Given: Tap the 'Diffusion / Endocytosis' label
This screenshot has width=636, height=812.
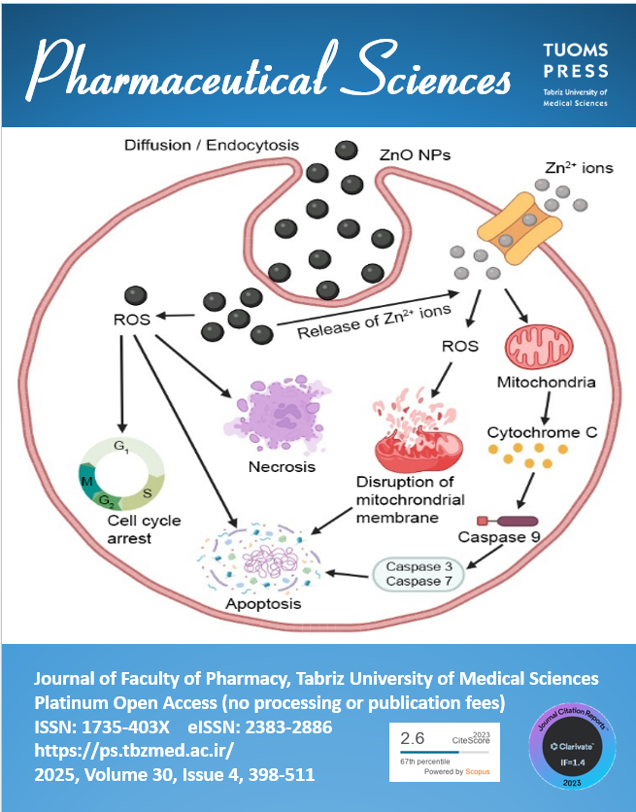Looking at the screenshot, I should pos(212,146).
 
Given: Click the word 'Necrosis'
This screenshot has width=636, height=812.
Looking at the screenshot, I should pos(281,466).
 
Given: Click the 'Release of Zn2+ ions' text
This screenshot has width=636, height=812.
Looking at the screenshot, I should pos(375,321).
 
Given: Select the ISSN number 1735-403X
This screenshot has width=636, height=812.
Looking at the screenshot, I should pos(132,727).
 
